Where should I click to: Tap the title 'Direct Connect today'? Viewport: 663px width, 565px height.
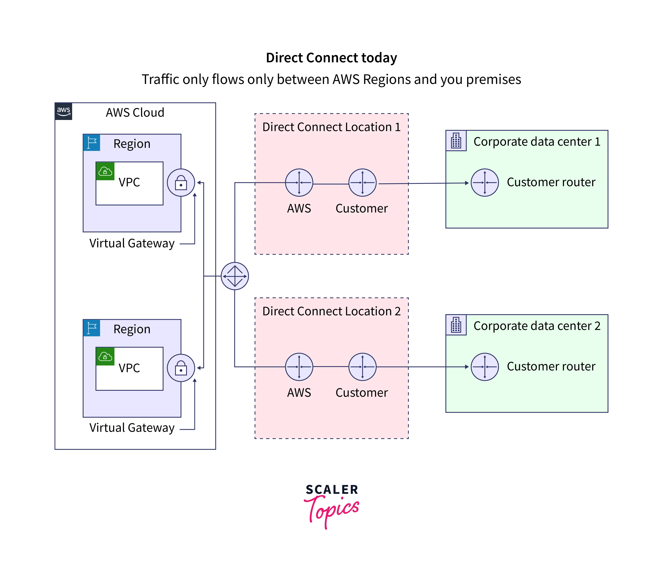[x=331, y=58]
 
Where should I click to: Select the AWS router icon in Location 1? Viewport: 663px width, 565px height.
[x=299, y=182]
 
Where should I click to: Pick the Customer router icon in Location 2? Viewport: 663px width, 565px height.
[x=362, y=367]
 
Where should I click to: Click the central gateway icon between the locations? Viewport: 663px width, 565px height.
[x=235, y=276]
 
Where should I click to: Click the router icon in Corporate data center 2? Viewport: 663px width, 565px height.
[x=485, y=367]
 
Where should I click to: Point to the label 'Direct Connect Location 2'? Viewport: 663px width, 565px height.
[x=331, y=311]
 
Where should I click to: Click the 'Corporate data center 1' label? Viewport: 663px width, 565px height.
[x=537, y=142]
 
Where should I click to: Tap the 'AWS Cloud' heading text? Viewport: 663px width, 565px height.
[x=135, y=113]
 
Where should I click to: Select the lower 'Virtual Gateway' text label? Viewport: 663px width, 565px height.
[x=132, y=428]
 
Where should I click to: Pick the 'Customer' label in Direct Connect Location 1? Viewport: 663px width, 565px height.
[x=362, y=208]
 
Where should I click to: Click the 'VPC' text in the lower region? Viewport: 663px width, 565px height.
[x=129, y=368]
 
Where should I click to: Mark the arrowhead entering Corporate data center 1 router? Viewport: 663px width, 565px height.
[x=467, y=183]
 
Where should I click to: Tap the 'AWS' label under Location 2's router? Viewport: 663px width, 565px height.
[x=299, y=393]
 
